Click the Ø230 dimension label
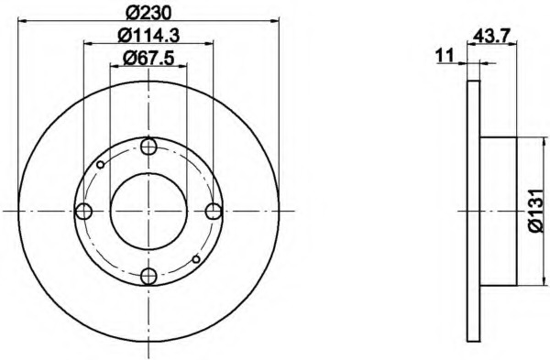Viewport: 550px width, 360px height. [148, 13]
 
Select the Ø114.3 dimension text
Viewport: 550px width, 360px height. [148, 36]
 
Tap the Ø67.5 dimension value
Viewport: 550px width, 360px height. [148, 58]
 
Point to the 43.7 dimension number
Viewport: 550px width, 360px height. [491, 36]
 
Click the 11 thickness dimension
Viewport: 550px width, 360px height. [445, 55]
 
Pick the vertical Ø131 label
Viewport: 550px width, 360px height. [536, 211]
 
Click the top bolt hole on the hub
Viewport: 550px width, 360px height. [148, 147]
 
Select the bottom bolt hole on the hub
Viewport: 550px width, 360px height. [148, 277]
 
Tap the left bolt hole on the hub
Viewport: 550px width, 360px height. [83, 212]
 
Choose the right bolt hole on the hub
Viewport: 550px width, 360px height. [214, 212]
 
